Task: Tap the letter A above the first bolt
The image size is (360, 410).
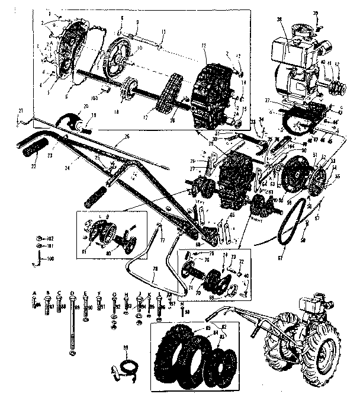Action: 34,294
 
